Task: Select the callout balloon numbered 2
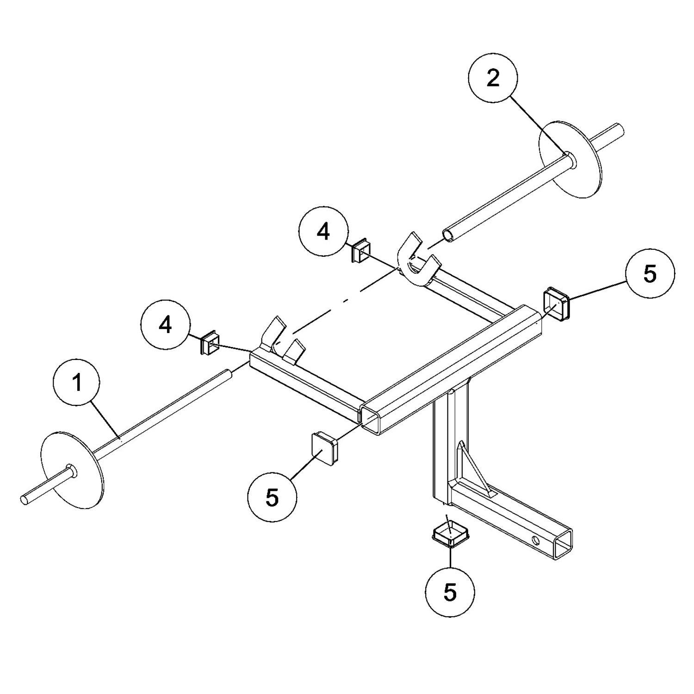(x=493, y=79)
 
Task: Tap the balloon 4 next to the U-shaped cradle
(x=323, y=232)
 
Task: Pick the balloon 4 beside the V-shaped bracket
(x=165, y=326)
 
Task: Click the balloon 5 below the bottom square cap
(x=450, y=593)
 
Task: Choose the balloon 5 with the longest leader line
(x=650, y=274)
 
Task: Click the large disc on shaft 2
(x=572, y=160)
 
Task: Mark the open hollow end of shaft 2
(x=449, y=235)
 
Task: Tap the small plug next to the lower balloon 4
(x=210, y=342)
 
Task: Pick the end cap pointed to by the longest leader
(x=557, y=304)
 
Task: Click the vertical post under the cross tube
(x=451, y=444)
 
